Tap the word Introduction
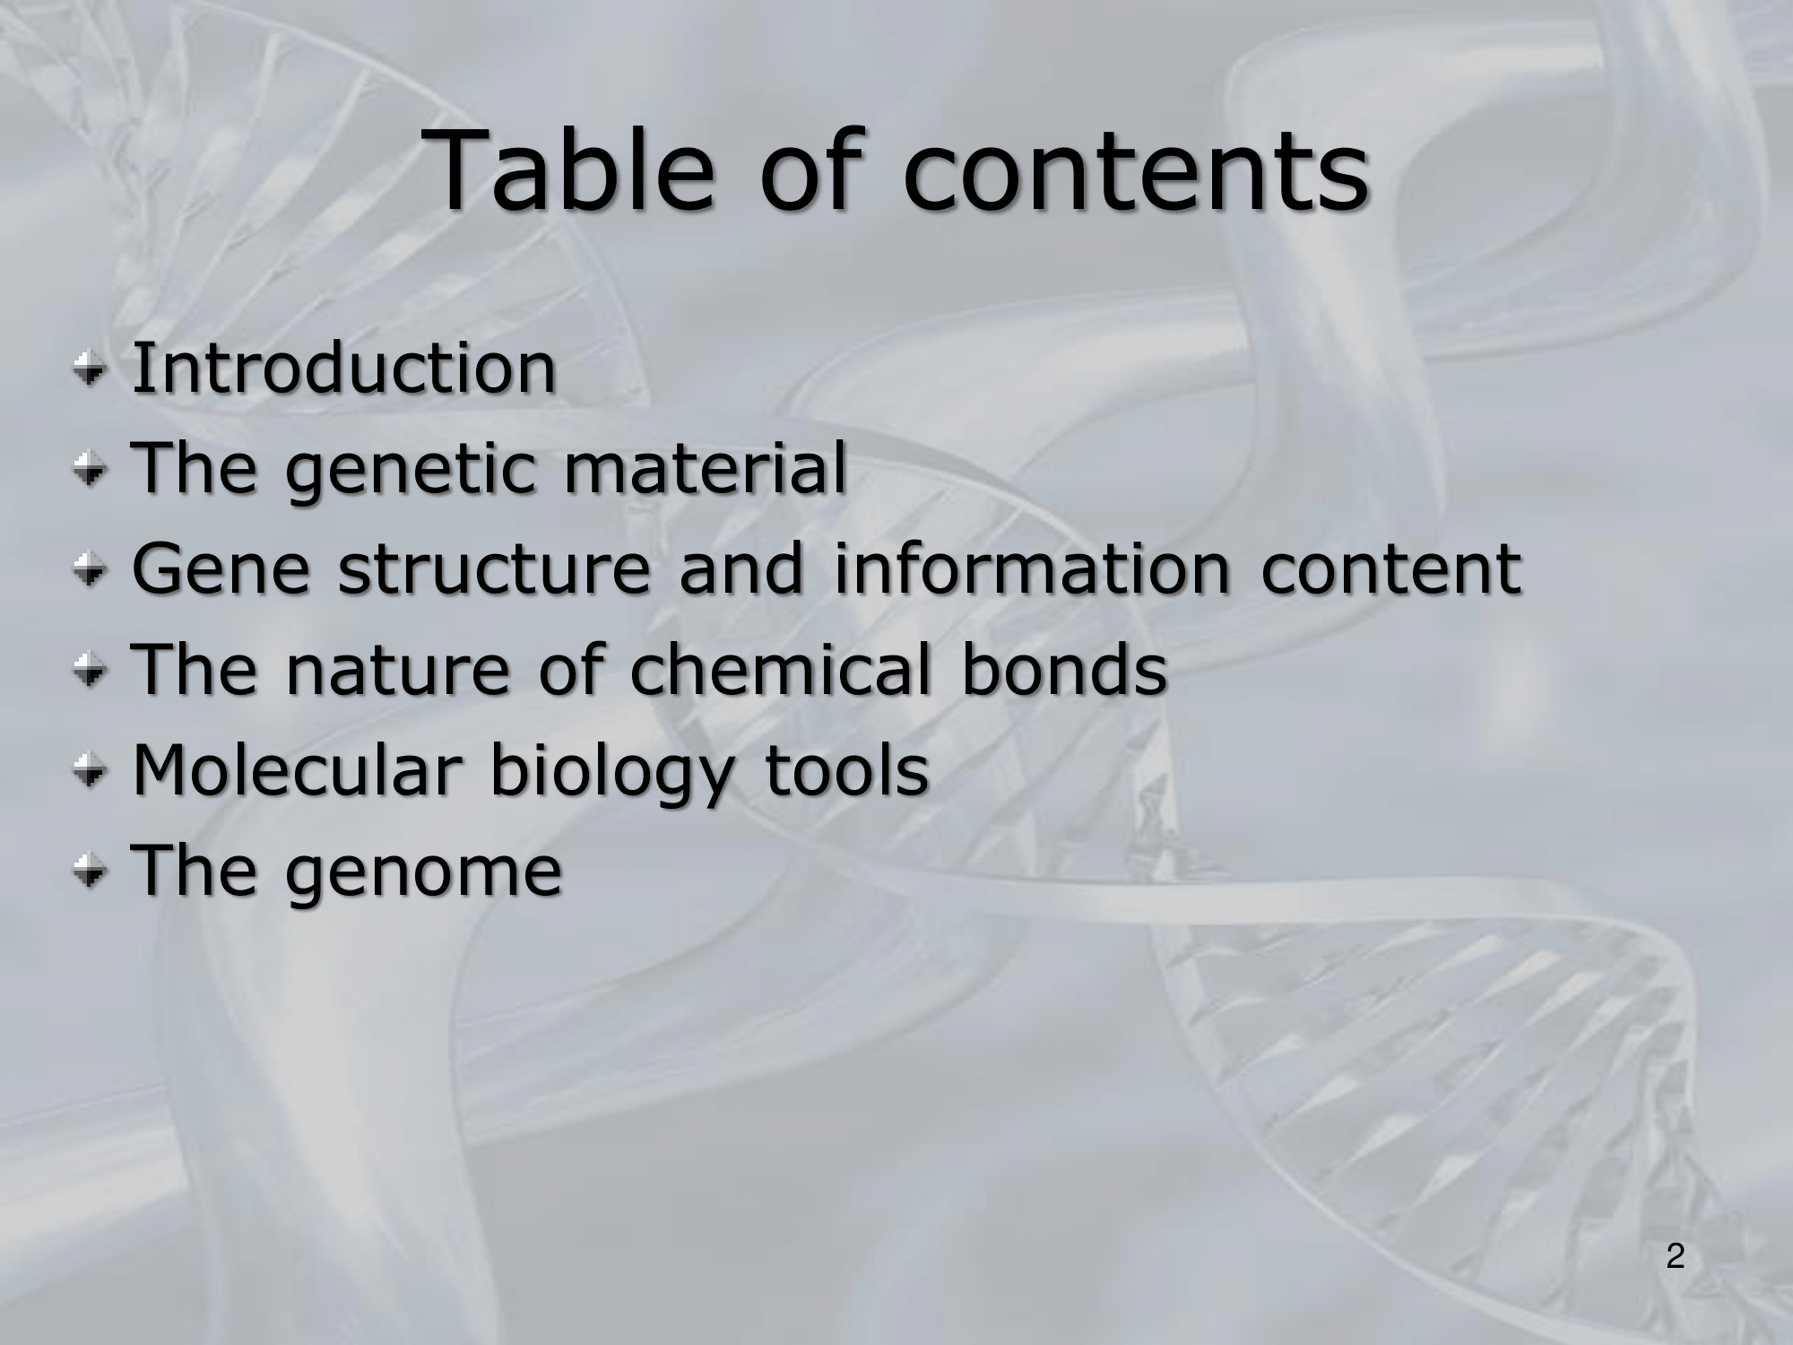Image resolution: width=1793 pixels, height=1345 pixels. pyautogui.click(x=344, y=368)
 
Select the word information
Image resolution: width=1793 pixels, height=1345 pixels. pyautogui.click(x=1032, y=568)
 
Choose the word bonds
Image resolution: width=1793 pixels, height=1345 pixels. pyautogui.click(x=1064, y=669)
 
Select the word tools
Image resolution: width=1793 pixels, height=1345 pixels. pyautogui.click(x=846, y=769)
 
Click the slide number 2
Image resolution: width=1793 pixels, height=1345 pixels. pyautogui.click(x=1676, y=1256)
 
